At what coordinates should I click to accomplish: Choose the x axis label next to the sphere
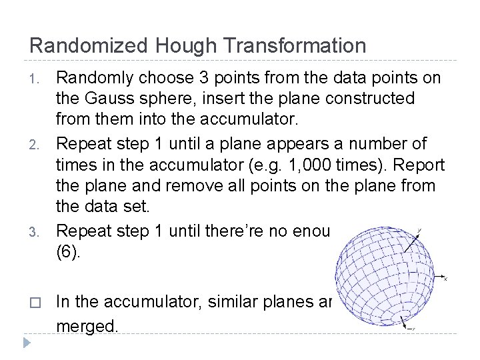445,279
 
